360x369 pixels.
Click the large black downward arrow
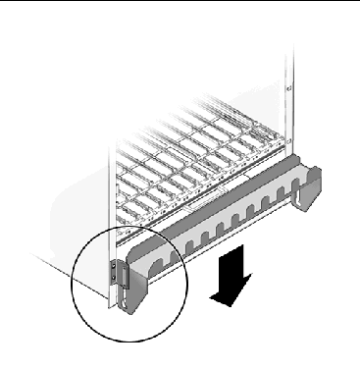(x=232, y=279)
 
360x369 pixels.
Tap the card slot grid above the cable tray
(x=196, y=162)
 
